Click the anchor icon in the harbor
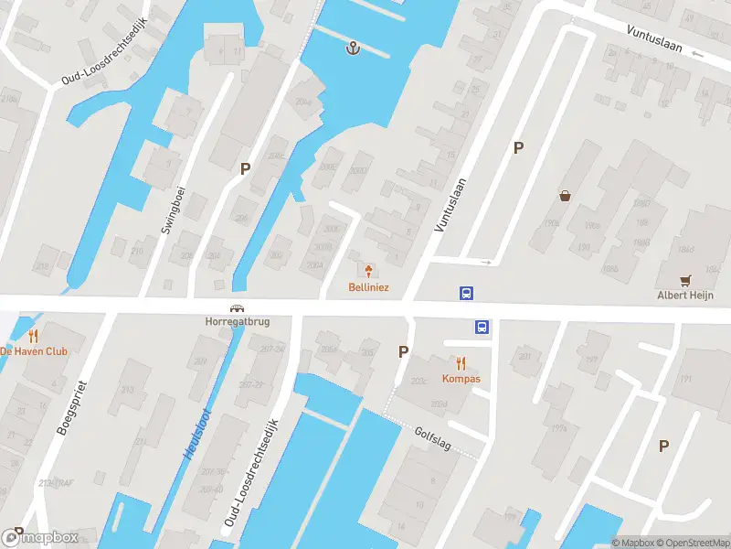click(352, 48)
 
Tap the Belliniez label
click(369, 287)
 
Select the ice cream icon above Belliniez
click(369, 270)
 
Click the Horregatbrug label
click(236, 322)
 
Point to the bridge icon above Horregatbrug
click(236, 308)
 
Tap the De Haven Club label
click(34, 351)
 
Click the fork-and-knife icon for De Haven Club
click(34, 336)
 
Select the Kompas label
click(461, 378)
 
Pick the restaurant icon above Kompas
click(461, 362)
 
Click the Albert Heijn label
click(685, 295)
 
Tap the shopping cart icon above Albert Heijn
click(685, 279)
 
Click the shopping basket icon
click(566, 195)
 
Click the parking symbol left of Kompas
click(403, 351)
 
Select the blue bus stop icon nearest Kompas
click(481, 327)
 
